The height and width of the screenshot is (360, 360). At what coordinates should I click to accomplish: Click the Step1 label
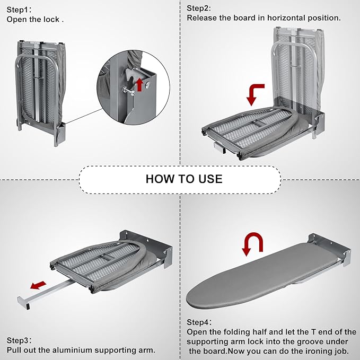click(19, 9)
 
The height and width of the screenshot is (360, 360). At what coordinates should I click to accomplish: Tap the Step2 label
click(199, 8)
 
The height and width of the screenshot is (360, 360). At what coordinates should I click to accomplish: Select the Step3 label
click(19, 340)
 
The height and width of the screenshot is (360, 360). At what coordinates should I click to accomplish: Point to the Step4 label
click(199, 322)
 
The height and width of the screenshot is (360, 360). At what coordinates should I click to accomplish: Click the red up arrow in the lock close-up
click(140, 83)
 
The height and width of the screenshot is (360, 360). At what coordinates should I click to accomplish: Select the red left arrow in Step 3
click(37, 286)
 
